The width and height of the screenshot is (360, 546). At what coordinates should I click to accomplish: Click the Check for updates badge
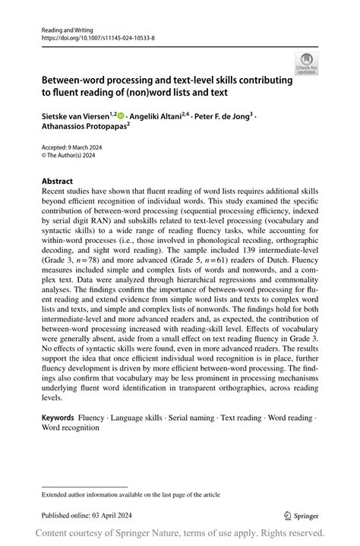[x=306, y=63]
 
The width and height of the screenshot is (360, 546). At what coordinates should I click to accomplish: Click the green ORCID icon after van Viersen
[x=122, y=116]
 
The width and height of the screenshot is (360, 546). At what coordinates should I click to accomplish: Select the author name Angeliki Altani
[x=159, y=116]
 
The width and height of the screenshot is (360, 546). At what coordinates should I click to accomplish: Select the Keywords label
[x=58, y=418]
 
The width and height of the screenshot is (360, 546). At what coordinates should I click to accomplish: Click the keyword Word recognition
[x=71, y=428]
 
